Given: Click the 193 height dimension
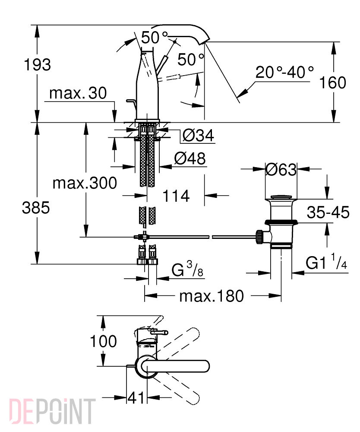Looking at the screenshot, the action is pyautogui.click(x=38, y=65).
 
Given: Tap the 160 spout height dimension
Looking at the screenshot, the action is pyautogui.click(x=332, y=83).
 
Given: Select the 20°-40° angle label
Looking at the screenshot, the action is pyautogui.click(x=285, y=72).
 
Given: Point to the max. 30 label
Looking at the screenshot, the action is pyautogui.click(x=78, y=93).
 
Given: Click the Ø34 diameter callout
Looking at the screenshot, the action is pyautogui.click(x=198, y=135).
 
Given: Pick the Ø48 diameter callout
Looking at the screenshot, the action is pyautogui.click(x=190, y=159).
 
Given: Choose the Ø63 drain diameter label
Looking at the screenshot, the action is pyautogui.click(x=281, y=169).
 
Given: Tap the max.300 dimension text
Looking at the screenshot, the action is pyautogui.click(x=85, y=183).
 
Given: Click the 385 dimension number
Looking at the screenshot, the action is pyautogui.click(x=36, y=208).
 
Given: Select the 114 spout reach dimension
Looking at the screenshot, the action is pyautogui.click(x=176, y=196).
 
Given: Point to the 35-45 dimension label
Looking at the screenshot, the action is pyautogui.click(x=328, y=212).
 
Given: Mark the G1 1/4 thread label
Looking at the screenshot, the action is pyautogui.click(x=326, y=262).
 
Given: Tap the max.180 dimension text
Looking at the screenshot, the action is pyautogui.click(x=212, y=296).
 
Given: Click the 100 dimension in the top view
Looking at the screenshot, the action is pyautogui.click(x=104, y=341).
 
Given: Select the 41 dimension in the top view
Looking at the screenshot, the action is pyautogui.click(x=136, y=397).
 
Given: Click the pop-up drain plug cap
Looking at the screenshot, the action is pyautogui.click(x=281, y=197).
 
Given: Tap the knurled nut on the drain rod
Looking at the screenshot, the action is pyautogui.click(x=259, y=237).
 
